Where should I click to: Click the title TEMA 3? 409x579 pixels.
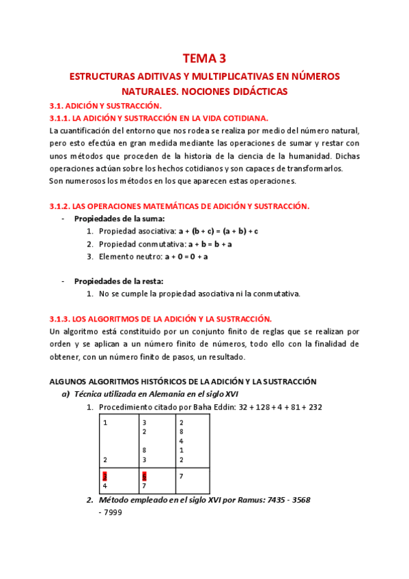point(204,59)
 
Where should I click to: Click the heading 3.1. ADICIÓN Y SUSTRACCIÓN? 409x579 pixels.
point(105,106)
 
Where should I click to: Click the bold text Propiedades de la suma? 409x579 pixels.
point(119,218)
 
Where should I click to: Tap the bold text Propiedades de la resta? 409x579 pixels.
point(119,281)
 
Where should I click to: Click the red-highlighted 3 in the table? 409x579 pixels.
point(105,476)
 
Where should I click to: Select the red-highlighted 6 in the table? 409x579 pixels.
point(144,476)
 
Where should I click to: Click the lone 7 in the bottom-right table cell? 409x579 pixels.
point(181,476)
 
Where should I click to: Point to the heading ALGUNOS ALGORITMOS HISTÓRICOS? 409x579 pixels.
point(130,381)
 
